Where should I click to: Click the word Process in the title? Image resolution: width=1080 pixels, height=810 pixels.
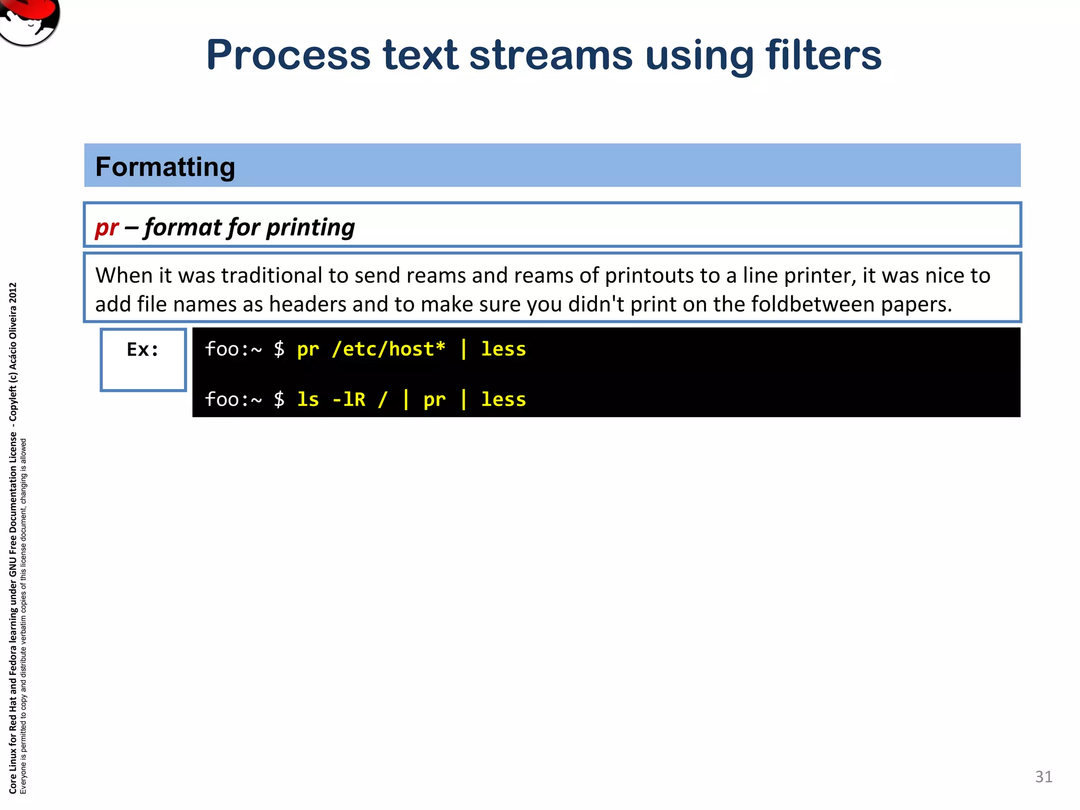point(288,55)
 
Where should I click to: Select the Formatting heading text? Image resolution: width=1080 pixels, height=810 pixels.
point(165,167)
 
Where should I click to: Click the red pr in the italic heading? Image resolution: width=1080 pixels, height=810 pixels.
point(107,228)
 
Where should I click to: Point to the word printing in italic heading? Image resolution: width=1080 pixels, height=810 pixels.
point(310,228)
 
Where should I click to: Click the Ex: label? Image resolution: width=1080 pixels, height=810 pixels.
point(142,350)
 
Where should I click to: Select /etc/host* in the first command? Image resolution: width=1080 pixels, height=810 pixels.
point(389,349)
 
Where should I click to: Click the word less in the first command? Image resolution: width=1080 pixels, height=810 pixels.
point(503,349)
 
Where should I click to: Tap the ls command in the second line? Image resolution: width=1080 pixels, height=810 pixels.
point(308,399)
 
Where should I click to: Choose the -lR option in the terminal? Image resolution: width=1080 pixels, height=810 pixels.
point(349,399)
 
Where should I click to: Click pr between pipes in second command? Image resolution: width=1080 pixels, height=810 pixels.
point(434,400)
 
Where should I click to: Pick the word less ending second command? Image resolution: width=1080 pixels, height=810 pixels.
point(503,399)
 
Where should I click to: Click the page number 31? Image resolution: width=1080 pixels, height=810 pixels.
point(1044,777)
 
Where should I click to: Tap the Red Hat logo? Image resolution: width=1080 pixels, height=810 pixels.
point(29,20)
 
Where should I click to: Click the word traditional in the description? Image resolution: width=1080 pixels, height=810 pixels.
point(271,276)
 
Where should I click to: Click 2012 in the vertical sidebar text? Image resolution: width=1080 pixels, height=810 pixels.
point(13,293)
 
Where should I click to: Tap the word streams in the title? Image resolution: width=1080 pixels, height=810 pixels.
point(551,55)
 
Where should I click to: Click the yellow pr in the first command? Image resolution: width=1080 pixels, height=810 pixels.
point(308,350)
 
